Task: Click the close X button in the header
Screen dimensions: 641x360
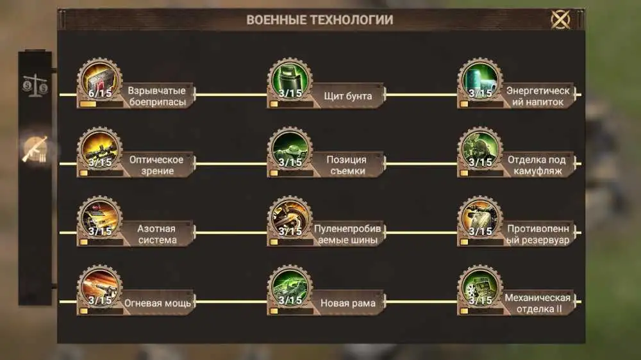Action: point(560,19)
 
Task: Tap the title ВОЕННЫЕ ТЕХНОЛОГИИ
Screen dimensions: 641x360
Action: point(320,20)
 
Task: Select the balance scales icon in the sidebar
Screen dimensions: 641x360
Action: point(35,85)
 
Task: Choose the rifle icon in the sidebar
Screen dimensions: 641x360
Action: point(35,149)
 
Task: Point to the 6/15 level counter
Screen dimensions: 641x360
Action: point(100,93)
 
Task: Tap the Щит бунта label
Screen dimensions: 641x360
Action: point(348,96)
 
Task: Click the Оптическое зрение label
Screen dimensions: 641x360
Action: point(156,165)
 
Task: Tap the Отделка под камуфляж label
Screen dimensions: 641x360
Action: point(537,165)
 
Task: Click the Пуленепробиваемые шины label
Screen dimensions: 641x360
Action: point(347,234)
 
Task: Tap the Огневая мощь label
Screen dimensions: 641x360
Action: point(158,303)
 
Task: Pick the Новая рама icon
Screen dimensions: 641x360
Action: point(290,287)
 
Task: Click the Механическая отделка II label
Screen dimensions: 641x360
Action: point(538,303)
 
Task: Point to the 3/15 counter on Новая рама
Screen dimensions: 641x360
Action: point(290,300)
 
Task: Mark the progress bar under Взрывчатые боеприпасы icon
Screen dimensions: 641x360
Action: point(101,104)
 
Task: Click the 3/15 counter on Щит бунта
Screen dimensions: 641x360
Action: point(290,93)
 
